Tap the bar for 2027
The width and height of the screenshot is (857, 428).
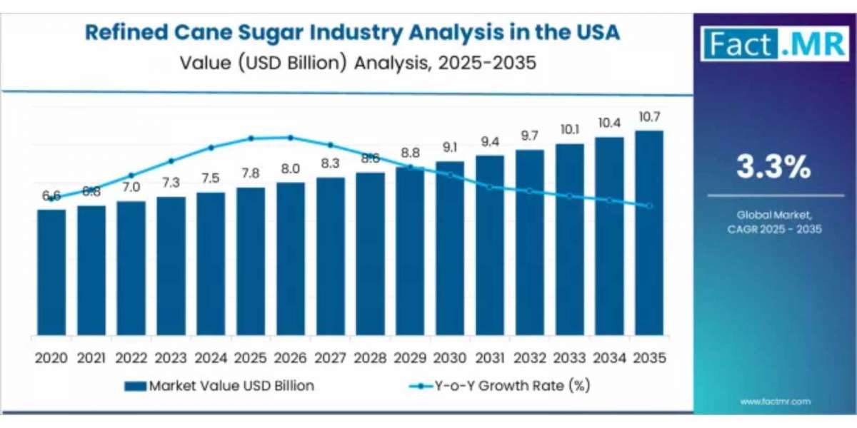[x=331, y=257]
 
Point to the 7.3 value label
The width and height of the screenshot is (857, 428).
[x=171, y=184]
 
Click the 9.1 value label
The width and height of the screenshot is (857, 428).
[x=450, y=148]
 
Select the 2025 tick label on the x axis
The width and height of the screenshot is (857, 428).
[x=251, y=357]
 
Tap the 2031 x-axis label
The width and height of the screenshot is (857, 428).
[x=490, y=357]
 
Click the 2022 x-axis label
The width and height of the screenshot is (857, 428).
[x=131, y=357]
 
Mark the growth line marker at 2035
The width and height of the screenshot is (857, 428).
[x=648, y=206]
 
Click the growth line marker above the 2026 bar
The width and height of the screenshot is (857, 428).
[x=291, y=138]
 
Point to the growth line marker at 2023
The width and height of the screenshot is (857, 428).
[x=171, y=161]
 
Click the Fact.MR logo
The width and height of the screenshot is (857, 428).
[x=774, y=44]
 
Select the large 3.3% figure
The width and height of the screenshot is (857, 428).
[x=774, y=168]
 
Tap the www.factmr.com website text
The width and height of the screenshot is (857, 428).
[x=775, y=402]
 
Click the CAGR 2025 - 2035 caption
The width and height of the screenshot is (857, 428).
[x=774, y=229]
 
